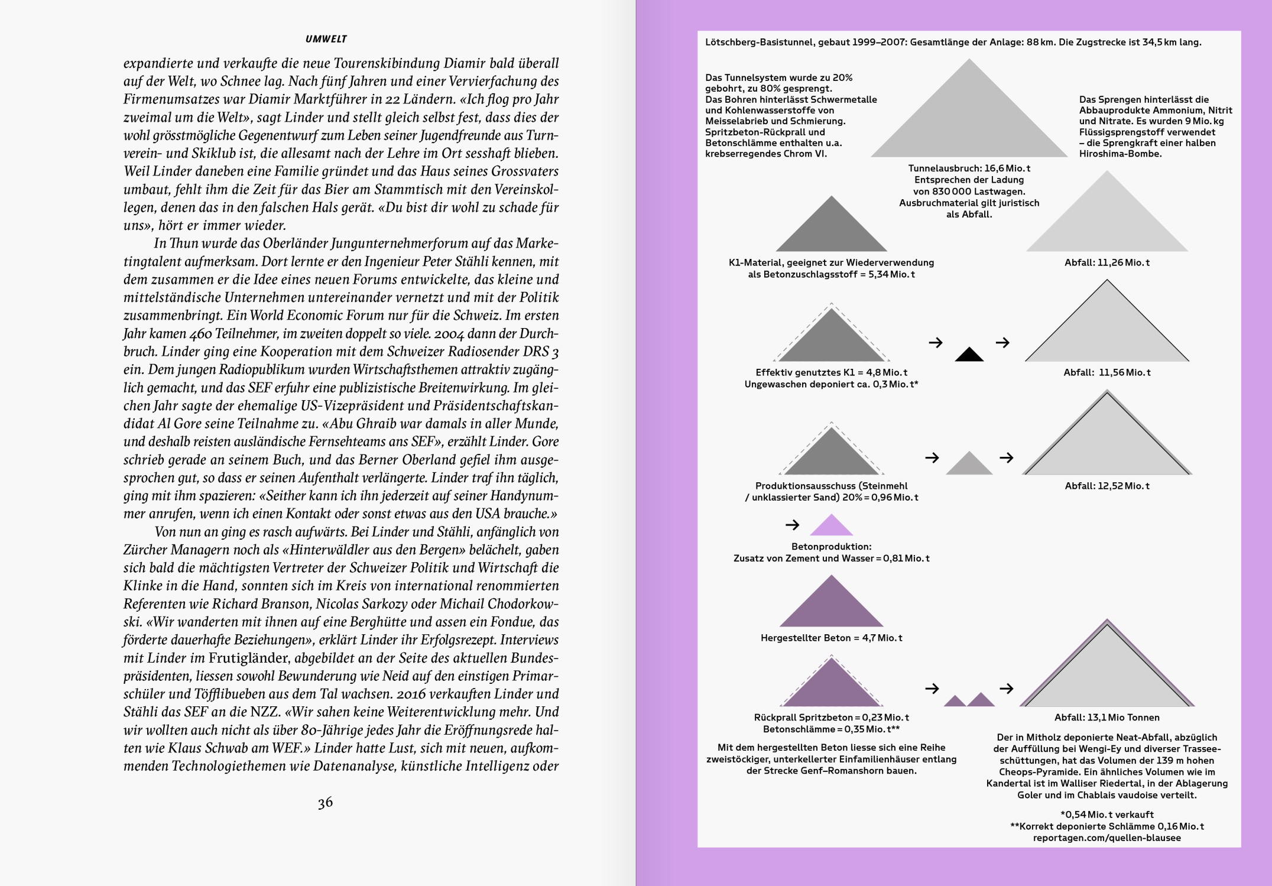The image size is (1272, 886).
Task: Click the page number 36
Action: (325, 803)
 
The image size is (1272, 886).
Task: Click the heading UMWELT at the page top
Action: (326, 39)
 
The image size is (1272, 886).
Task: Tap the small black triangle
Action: (969, 355)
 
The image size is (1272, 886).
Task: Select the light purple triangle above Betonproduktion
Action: (832, 526)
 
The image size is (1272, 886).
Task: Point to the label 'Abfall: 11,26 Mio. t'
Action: (1106, 262)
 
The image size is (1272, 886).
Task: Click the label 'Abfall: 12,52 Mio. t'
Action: (1106, 486)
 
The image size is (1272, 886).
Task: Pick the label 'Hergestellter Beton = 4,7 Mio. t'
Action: (831, 638)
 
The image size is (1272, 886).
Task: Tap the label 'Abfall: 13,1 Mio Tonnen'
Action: (1106, 718)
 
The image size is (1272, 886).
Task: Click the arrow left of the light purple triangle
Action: (792, 524)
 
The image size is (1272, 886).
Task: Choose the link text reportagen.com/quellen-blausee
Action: (1106, 838)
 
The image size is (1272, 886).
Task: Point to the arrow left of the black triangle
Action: (935, 342)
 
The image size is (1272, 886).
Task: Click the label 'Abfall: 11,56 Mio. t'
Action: (1106, 372)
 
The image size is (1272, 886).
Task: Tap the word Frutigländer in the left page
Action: (248, 658)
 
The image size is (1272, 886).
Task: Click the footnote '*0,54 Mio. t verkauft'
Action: (1106, 814)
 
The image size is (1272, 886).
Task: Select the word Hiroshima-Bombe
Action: (1120, 154)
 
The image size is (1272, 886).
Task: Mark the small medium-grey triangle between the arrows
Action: (969, 465)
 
